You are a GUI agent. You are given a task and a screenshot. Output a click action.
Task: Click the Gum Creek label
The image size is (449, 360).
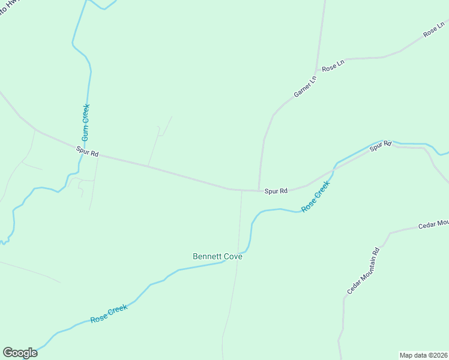coord(86,122)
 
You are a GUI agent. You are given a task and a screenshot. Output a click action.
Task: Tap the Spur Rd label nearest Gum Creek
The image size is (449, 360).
coord(87,152)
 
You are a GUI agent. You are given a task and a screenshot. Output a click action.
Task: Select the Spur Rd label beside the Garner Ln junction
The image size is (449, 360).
coord(276,191)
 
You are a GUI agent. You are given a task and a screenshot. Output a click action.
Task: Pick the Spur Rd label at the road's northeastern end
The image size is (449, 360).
coord(380,145)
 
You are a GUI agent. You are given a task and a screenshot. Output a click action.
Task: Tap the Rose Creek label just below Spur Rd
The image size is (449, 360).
coord(316,197)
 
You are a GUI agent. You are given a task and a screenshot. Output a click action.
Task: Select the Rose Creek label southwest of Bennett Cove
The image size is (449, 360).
coord(109,314)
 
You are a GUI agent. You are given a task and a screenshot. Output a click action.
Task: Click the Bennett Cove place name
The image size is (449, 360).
coord(217,256)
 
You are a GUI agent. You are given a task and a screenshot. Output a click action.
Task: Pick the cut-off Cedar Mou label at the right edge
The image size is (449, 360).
coord(435,224)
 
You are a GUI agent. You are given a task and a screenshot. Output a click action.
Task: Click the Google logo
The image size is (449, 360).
coord(20,353)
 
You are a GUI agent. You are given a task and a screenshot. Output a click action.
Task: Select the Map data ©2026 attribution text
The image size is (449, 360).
coord(423,355)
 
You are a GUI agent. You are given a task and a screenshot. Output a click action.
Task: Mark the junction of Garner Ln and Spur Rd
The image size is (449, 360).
coord(259,190)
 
